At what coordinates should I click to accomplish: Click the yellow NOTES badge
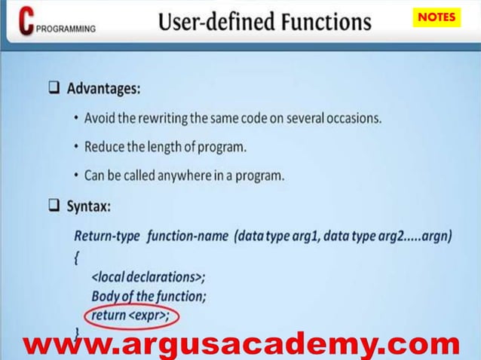pos(437,17)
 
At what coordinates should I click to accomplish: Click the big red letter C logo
pos(27,23)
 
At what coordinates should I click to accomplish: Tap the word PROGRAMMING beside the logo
pos(66,29)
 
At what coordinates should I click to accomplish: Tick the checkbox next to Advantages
pos(54,88)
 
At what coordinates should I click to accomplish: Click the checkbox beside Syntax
pos(54,206)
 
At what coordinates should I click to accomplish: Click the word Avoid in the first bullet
pos(100,118)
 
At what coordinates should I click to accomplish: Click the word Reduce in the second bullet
pos(105,147)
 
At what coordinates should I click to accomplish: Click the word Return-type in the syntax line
pos(107,236)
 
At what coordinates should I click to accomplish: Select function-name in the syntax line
pos(188,236)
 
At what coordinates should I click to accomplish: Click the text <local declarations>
pos(148,276)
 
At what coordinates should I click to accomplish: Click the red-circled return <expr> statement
pos(132,315)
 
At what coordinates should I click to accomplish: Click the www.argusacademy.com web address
pos(241,345)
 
